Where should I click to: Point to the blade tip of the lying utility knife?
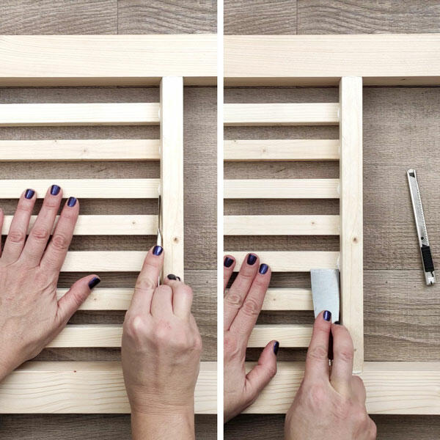coord(411,172)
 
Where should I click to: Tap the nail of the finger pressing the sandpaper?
coord(327,315)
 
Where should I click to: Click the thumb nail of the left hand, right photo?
coord(276,348)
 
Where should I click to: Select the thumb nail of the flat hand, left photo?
coord(94,282)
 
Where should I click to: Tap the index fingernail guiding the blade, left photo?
coord(158,250)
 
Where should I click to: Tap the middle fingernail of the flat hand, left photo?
coord(55,190)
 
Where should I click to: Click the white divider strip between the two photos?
coord(220,220)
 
